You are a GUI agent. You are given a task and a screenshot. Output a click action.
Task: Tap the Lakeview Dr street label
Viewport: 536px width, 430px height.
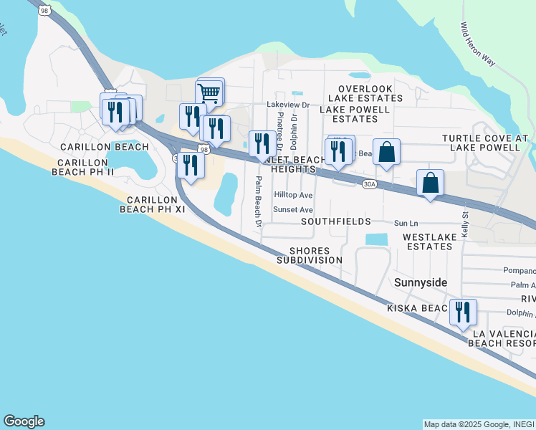point(287,105)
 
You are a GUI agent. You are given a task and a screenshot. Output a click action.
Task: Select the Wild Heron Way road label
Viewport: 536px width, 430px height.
point(478,44)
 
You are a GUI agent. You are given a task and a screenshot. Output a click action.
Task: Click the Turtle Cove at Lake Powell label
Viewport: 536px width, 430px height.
point(485,143)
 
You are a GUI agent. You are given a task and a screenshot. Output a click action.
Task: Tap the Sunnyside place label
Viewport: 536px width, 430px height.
point(421,283)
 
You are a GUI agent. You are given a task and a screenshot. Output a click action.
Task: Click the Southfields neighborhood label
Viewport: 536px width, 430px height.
point(335,222)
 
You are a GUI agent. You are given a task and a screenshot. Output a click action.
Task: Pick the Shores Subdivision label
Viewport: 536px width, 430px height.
point(310,256)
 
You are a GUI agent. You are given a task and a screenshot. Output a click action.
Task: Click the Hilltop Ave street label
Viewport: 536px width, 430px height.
point(293,196)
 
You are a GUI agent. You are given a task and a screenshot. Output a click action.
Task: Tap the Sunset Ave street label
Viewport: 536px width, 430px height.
point(293,210)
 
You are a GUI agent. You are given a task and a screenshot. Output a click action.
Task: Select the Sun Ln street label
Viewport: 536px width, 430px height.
point(405,224)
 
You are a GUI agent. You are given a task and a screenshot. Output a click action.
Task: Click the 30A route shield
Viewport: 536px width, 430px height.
point(369,184)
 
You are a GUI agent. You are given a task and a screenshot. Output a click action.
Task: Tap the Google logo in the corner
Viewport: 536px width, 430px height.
point(24,421)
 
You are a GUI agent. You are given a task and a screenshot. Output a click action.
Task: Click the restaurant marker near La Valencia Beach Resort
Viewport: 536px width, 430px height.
point(462,312)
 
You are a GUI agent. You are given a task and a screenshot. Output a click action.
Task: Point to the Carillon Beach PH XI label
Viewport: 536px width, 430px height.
point(151,204)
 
